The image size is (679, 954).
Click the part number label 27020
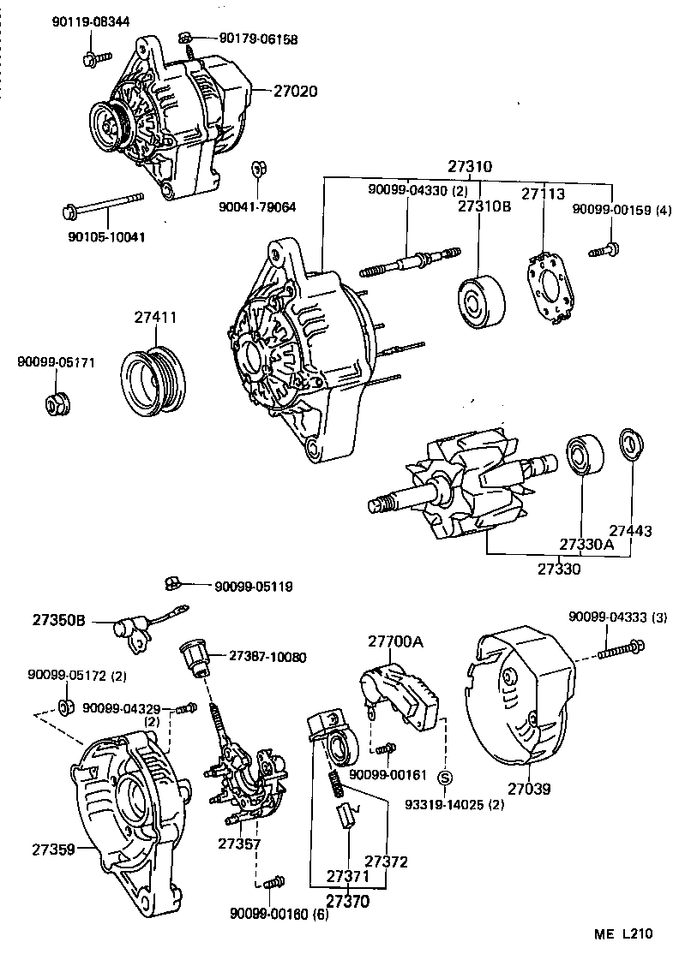[295, 89]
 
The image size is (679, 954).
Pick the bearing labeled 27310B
[478, 301]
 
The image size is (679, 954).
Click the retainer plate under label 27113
[550, 288]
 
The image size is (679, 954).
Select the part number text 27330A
[586, 545]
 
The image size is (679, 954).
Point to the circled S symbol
[445, 778]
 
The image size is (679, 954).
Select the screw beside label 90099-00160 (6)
[274, 881]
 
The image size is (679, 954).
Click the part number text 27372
[386, 861]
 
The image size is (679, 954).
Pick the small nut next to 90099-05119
[171, 584]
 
